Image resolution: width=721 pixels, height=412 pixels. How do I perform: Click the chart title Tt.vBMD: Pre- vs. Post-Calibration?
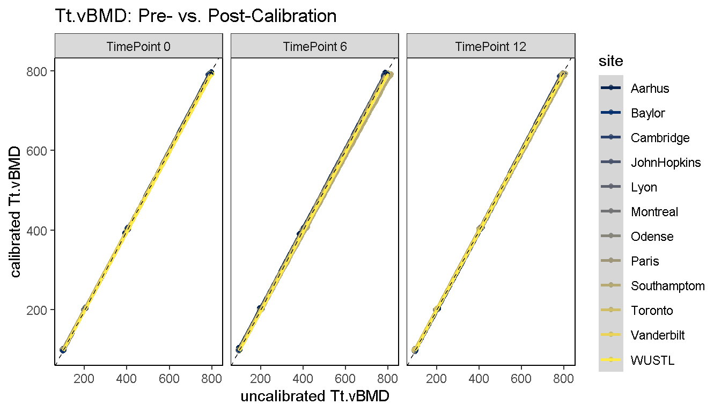pyautogui.click(x=196, y=16)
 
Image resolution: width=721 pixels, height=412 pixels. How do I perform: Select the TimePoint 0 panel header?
pyautogui.click(x=138, y=47)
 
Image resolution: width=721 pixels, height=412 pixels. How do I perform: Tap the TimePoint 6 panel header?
pyautogui.click(x=315, y=47)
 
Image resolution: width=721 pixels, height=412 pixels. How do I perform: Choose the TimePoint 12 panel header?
pyautogui.click(x=491, y=47)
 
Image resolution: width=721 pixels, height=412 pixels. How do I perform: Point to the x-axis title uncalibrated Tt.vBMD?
pyautogui.click(x=315, y=396)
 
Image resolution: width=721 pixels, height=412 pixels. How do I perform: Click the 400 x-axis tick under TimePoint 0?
pyautogui.click(x=127, y=377)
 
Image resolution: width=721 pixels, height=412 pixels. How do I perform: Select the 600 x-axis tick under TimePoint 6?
pyautogui.click(x=345, y=377)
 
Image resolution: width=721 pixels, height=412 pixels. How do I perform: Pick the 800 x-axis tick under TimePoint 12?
pyautogui.click(x=564, y=377)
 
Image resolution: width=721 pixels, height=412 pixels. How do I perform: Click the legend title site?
pyautogui.click(x=611, y=61)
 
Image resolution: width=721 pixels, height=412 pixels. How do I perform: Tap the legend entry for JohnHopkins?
pyautogui.click(x=666, y=163)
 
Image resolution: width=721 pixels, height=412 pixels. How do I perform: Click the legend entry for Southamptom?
pyautogui.click(x=668, y=286)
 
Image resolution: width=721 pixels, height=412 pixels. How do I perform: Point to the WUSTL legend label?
pyautogui.click(x=652, y=360)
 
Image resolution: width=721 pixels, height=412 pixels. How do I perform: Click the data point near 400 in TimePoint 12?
pyautogui.click(x=480, y=229)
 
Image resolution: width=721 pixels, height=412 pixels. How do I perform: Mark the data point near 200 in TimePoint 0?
pyautogui.click(x=85, y=308)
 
